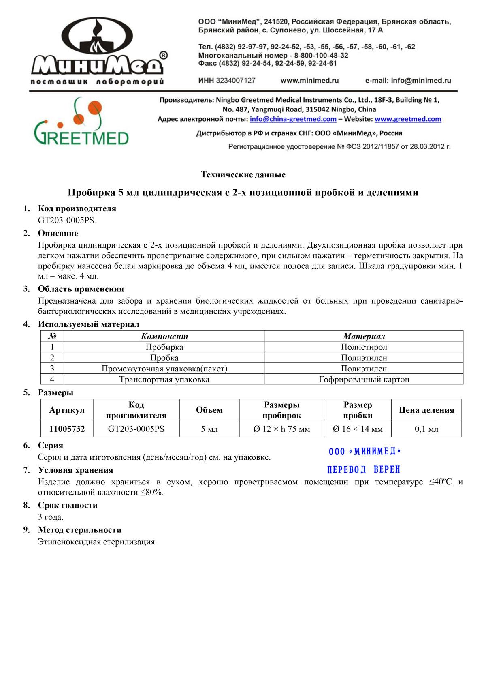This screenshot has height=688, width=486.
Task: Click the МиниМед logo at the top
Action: pos(98,51)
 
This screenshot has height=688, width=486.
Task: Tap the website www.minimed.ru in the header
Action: pos(309,81)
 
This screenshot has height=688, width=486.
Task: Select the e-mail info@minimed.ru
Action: pos(408,81)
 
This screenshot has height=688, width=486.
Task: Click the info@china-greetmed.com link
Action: pos(293,119)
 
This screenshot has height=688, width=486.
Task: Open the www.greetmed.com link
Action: pos(407,119)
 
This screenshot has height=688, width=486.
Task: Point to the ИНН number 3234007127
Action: pos(235,81)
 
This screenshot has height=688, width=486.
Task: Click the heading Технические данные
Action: pos(243,175)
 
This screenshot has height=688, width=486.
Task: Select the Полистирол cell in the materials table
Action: pos(364,347)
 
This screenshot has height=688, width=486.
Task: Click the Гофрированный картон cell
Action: pos(364,379)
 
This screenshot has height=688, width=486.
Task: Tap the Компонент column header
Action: pos(164,336)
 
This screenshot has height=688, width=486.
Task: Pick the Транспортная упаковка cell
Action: pos(164,379)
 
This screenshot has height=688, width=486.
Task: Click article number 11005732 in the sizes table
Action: pos(67,429)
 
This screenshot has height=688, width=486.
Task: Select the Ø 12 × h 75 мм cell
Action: pos(281,429)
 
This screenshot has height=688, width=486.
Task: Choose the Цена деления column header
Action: pos(426,410)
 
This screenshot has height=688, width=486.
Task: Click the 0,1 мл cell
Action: pos(426,429)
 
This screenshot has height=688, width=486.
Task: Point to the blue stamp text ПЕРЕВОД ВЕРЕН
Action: pos(363,469)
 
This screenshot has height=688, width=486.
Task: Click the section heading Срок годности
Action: pos(68,505)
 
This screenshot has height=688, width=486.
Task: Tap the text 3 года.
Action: pos(51,517)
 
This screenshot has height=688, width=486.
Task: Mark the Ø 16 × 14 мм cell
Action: pos(357,429)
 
